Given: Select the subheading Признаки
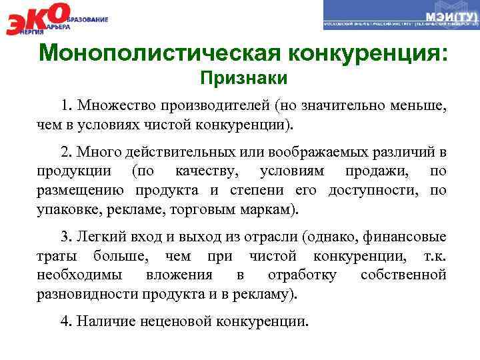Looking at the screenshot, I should click(245, 79).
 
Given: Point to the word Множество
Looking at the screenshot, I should click(108, 106).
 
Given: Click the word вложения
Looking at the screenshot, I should click(180, 274).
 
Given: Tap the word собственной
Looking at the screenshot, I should click(403, 274).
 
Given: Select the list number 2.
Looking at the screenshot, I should click(65, 153).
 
